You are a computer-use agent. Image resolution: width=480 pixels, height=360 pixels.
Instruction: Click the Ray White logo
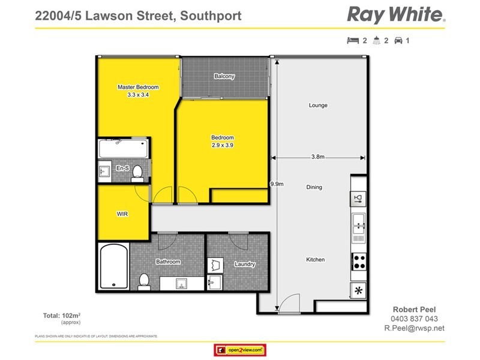pyautogui.click(x=396, y=14)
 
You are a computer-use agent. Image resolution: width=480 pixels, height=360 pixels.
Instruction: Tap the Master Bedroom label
pyautogui.click(x=138, y=87)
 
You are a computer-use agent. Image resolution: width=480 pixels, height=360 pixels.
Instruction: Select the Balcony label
pyautogui.click(x=224, y=76)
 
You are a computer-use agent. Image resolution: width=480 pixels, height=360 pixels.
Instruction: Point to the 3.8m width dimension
pyautogui.click(x=318, y=157)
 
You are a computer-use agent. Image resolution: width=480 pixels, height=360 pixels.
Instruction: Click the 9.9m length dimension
pyautogui.click(x=277, y=184)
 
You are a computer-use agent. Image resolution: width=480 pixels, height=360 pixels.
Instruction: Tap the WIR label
pyautogui.click(x=122, y=213)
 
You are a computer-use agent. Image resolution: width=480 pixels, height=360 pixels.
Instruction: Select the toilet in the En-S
pyautogui.click(x=137, y=172)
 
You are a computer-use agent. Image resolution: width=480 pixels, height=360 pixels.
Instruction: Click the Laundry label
pyautogui.click(x=245, y=264)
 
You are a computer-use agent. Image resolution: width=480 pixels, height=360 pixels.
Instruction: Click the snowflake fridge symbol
pyautogui.click(x=359, y=290)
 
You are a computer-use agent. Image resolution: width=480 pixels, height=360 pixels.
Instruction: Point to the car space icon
pyautogui.click(x=398, y=41)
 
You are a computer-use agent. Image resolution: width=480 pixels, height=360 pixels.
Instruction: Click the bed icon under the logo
pyautogui.click(x=352, y=41)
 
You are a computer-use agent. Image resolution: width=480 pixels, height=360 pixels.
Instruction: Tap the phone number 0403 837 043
pyautogui.click(x=414, y=319)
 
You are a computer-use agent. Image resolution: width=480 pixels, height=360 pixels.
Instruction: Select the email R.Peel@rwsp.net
pyautogui.click(x=414, y=328)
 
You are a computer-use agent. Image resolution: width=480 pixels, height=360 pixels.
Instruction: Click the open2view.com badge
pyautogui.click(x=239, y=350)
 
